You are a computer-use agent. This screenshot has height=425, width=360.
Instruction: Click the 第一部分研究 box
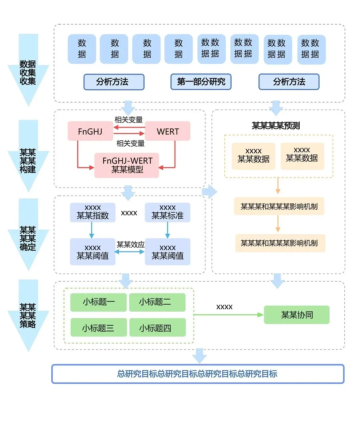tap(201, 82)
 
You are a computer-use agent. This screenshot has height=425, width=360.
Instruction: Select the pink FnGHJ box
tap(90, 131)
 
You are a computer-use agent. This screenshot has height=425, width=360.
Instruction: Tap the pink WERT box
tap(168, 131)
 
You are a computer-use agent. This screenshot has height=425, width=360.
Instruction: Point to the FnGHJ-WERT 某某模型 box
tap(127, 165)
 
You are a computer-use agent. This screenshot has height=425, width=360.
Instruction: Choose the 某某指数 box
tap(93, 212)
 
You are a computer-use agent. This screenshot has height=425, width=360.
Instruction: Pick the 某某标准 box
tap(167, 212)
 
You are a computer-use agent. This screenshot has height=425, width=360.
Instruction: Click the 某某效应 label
tap(130, 244)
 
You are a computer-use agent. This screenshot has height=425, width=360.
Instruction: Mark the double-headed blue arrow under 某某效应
tap(130, 252)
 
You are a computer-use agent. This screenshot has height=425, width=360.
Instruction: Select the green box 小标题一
tap(99, 302)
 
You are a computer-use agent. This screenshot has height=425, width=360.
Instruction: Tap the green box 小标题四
tap(157, 328)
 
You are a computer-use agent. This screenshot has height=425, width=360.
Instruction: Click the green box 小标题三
tap(99, 328)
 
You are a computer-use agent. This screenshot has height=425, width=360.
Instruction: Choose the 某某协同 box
tap(297, 315)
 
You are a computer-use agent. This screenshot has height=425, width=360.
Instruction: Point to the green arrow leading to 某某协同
tap(228, 315)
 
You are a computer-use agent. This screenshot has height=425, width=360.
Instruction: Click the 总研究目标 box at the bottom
tap(198, 374)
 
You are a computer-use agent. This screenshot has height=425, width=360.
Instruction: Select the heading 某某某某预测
tap(276, 126)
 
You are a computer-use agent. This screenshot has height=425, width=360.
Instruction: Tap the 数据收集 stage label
tap(28, 72)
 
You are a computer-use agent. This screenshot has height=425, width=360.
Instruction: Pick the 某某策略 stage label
tap(28, 315)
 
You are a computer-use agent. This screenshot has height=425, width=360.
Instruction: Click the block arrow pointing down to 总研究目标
tap(199, 356)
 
